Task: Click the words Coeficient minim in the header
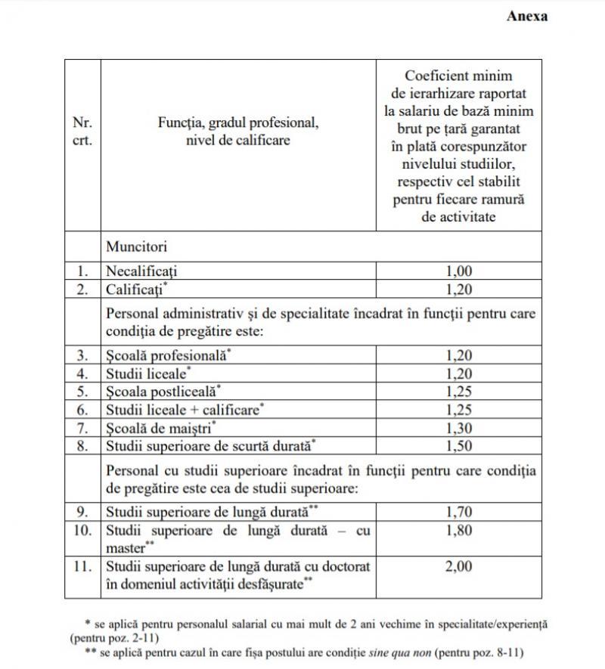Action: coord(458,76)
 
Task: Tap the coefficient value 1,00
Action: coord(458,271)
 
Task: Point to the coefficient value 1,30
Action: coord(458,428)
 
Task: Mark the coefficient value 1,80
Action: coord(458,531)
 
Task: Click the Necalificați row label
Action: coord(141,271)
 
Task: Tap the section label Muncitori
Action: coord(137,246)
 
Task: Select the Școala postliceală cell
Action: coord(162,392)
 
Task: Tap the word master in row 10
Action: coord(125,547)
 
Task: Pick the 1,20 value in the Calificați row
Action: coord(458,289)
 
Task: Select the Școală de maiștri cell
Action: coord(154,428)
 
